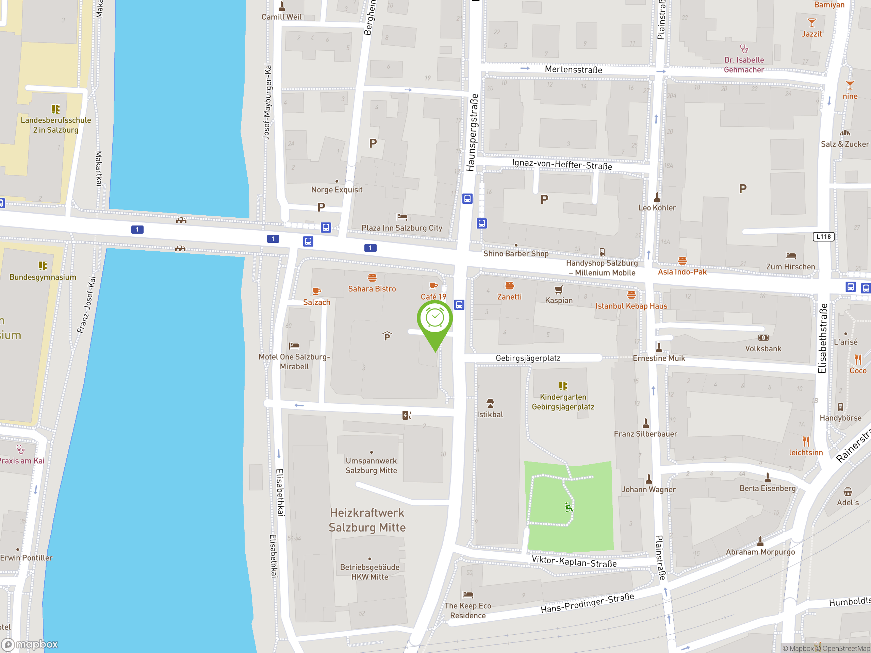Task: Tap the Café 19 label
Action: (x=433, y=296)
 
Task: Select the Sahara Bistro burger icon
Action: (x=372, y=278)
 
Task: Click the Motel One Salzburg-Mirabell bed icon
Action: (x=294, y=346)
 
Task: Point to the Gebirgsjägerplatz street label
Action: (x=528, y=358)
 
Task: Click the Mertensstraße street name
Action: (x=573, y=70)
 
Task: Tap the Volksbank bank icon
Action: (x=763, y=338)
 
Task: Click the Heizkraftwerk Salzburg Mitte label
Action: (x=367, y=520)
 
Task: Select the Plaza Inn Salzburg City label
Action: (x=401, y=228)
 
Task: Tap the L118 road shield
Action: (x=823, y=237)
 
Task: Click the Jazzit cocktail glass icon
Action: (x=811, y=22)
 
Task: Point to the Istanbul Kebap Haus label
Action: (x=631, y=306)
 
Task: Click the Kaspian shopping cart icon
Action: (x=559, y=290)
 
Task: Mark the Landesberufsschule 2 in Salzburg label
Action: (x=56, y=125)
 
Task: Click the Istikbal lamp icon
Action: (x=490, y=403)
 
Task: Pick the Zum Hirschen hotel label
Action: (x=790, y=267)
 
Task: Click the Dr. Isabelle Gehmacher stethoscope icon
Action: (x=744, y=49)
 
